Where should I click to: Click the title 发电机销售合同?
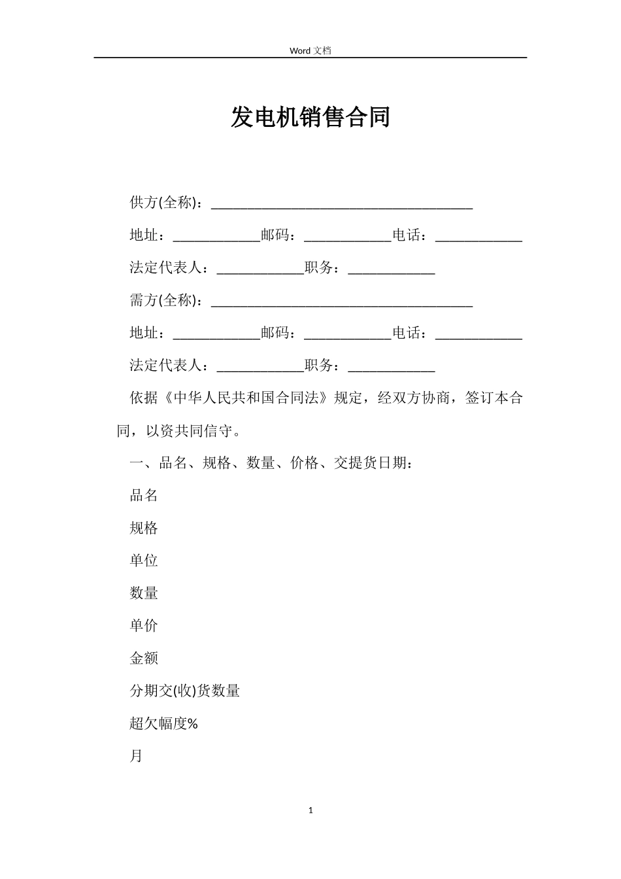310,117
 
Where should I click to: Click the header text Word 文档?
310,50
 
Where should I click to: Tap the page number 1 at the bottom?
310,810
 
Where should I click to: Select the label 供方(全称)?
166,203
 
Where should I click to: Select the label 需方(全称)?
166,300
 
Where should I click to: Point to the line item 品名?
144,495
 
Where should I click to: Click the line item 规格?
144,528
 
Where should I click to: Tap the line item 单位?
144,560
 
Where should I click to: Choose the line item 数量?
144,593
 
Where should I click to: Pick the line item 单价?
144,625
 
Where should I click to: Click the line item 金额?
144,658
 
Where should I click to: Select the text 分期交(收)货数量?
185,691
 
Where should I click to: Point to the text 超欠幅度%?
164,723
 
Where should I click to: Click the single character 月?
136,756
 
